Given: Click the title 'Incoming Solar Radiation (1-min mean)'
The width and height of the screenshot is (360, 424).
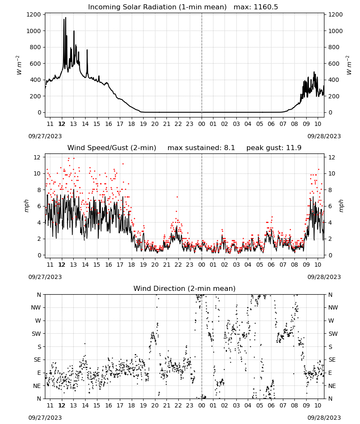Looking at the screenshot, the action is (157, 7).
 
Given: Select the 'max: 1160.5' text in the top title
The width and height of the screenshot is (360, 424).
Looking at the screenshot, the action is (256, 7).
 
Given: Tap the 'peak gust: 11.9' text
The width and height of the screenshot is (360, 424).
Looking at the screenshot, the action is (274, 148).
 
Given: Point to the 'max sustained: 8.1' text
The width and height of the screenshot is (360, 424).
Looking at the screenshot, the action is (201, 148).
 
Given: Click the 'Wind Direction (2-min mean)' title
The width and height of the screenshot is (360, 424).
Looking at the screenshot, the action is (185, 288).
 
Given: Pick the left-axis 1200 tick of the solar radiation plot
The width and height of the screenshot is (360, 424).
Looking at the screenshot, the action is (33, 14).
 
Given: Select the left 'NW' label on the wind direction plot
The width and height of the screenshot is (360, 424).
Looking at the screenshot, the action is (36, 308).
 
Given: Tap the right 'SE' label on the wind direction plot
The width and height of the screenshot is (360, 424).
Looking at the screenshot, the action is (332, 360).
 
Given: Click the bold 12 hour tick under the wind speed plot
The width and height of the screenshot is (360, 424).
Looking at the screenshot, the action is (62, 265).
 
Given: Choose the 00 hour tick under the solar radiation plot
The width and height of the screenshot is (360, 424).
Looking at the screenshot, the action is (202, 124).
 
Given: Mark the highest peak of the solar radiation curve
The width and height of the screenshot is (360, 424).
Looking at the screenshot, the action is (65, 17).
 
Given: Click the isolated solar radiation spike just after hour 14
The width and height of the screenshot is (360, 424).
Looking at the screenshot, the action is (87, 50).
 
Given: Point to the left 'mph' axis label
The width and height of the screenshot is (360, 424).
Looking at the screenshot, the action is (26, 206).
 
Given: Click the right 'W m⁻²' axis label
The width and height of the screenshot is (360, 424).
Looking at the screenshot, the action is (349, 65).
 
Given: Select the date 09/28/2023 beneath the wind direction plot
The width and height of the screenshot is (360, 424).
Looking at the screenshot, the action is (324, 418).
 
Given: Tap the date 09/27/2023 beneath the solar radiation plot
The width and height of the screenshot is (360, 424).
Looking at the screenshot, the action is (45, 136).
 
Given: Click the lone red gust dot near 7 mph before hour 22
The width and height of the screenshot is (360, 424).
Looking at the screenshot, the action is (177, 197).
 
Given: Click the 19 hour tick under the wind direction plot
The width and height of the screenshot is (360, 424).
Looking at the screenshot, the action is (143, 405).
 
